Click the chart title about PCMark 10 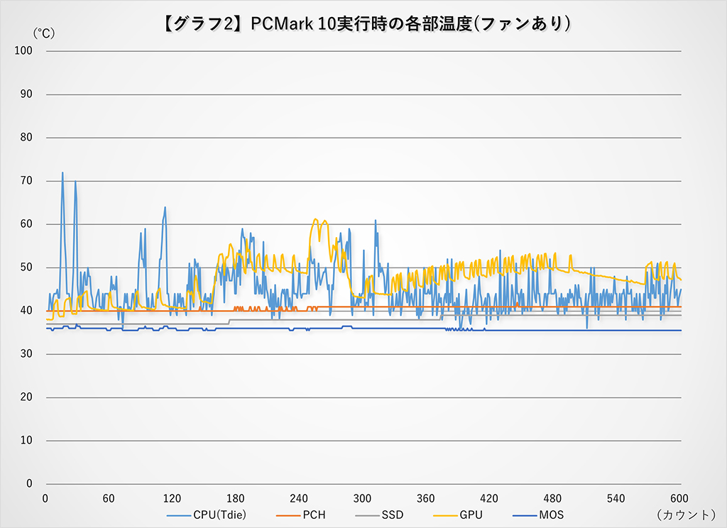[363, 23]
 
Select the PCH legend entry [313, 515]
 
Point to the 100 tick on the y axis [23, 50]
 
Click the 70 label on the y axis [26, 181]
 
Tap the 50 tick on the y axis [26, 268]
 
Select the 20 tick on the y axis [26, 397]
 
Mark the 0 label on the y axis [29, 484]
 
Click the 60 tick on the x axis [109, 497]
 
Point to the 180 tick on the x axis [236, 497]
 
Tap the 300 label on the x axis [363, 497]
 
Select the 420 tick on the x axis [490, 497]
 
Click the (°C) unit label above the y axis [43, 33]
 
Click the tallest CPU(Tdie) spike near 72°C [62, 172]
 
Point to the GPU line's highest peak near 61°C [317, 220]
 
